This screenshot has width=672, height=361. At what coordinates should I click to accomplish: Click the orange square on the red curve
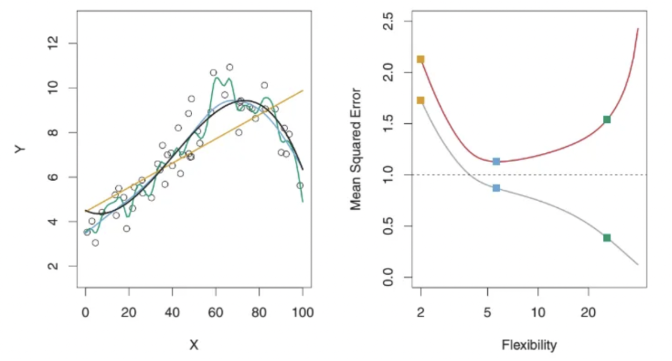pyautogui.click(x=421, y=59)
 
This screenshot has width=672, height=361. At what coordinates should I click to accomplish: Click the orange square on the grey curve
pyautogui.click(x=421, y=100)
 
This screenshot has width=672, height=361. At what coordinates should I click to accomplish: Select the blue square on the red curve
pyautogui.click(x=496, y=161)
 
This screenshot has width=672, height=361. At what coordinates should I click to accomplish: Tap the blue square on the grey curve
pyautogui.click(x=496, y=187)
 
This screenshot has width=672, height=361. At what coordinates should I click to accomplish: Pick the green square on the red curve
pyautogui.click(x=607, y=120)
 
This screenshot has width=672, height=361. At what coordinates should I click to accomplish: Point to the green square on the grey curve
pyautogui.click(x=607, y=237)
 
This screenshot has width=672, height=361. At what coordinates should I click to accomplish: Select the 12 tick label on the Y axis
pyautogui.click(x=54, y=43)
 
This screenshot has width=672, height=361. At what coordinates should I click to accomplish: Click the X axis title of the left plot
pyautogui.click(x=194, y=344)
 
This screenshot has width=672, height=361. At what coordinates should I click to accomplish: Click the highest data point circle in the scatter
pyautogui.click(x=230, y=67)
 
